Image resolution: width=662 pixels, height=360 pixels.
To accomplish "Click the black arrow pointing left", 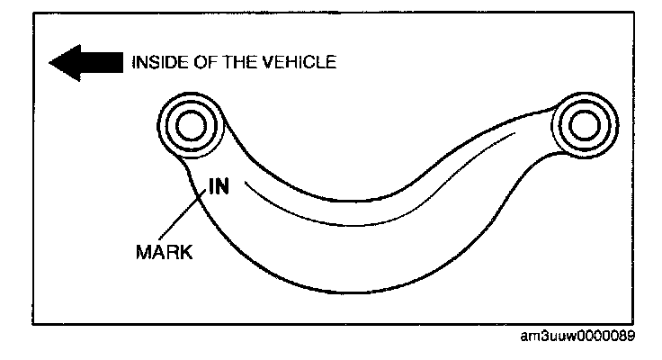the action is pos(85,63).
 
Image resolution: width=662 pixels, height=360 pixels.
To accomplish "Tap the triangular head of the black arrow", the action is pos(63,63).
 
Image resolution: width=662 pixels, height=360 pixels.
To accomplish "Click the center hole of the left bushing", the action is pos(191,126).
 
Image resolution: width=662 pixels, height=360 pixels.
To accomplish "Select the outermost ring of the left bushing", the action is pos(163,126).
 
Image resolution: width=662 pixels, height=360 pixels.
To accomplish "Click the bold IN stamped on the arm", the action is pos(220,186).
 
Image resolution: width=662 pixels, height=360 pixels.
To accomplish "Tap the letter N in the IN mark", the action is pos(225,186).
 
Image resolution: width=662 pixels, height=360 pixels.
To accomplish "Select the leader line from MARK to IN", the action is pos(187,219).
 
